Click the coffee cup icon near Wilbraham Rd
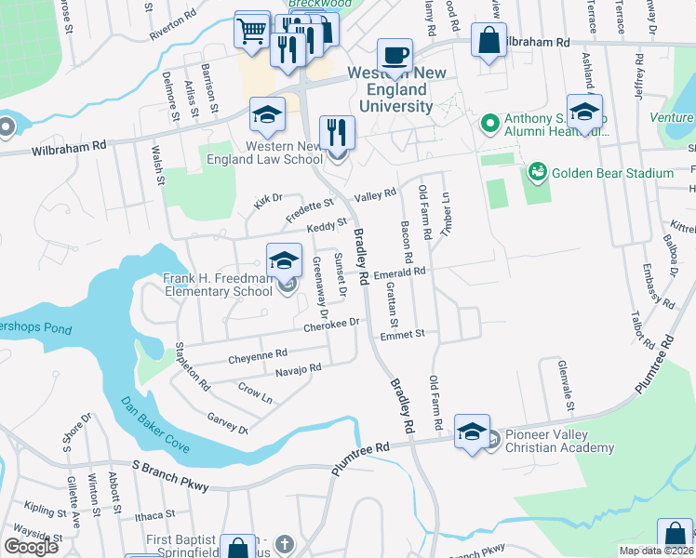click(x=395, y=54)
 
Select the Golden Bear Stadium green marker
click(x=536, y=173)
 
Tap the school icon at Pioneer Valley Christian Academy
click(x=472, y=431)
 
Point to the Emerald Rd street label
click(x=399, y=272)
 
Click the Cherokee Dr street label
click(x=330, y=324)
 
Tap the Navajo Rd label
click(x=298, y=369)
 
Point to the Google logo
click(x=31, y=546)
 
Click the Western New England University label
click(x=389, y=89)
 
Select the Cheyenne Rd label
click(x=258, y=355)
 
